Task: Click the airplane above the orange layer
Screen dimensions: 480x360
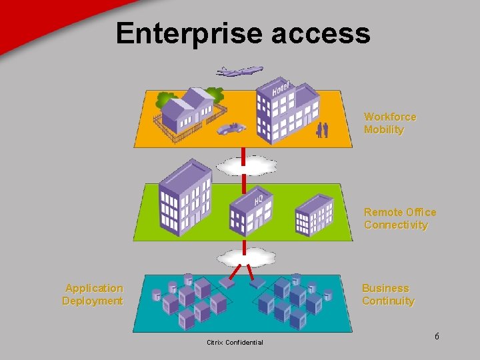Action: (239, 70)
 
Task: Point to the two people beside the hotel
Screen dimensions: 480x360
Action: (323, 129)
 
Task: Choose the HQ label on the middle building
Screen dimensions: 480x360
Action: (259, 199)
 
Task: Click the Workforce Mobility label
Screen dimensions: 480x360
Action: (390, 123)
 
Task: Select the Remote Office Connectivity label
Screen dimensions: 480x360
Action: (400, 219)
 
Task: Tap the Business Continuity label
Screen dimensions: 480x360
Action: (388, 295)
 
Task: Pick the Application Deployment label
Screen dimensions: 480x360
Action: (93, 295)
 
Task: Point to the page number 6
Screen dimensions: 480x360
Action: (437, 336)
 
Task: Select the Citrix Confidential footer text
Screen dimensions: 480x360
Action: (235, 343)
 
